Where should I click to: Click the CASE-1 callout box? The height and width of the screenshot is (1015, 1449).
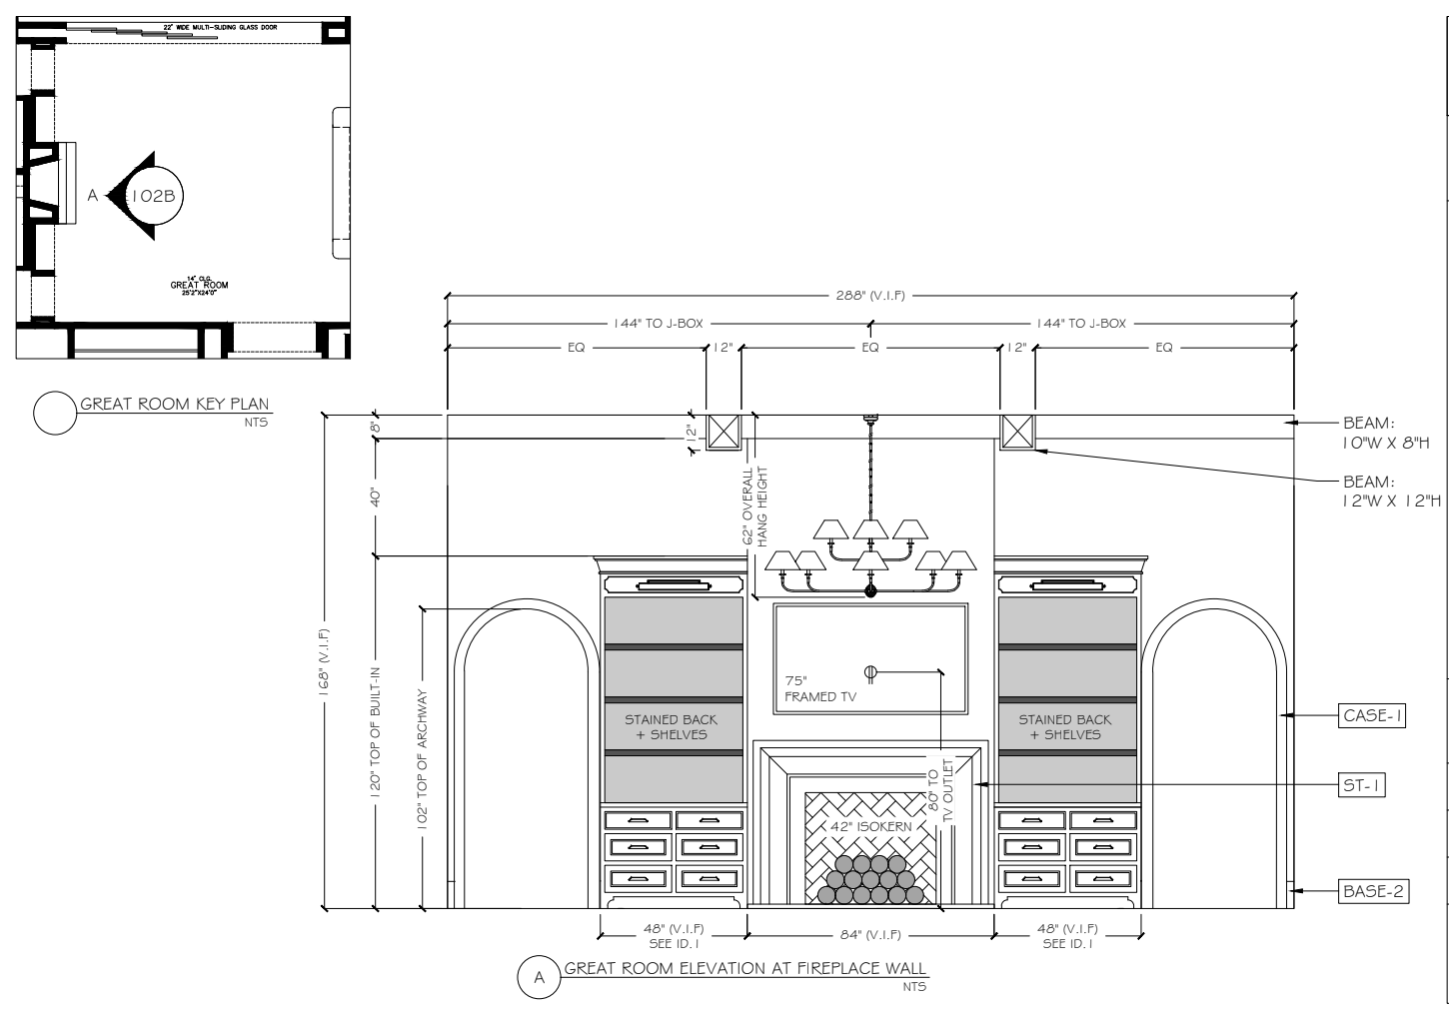pos(1371,715)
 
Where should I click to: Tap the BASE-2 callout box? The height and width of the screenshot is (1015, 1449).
pos(1373,890)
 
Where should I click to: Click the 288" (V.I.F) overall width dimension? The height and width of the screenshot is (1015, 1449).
pos(869,296)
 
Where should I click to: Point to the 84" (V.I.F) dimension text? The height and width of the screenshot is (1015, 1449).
pos(869,935)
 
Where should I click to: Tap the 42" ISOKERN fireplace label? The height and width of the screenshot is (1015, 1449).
pos(869,827)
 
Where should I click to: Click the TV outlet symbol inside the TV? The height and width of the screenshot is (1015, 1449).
pos(869,672)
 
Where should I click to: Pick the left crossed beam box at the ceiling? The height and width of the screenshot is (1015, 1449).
pos(724,432)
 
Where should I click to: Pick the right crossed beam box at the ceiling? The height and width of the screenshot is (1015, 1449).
pos(1018,432)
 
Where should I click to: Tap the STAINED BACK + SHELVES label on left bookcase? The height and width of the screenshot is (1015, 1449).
pos(672,726)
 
